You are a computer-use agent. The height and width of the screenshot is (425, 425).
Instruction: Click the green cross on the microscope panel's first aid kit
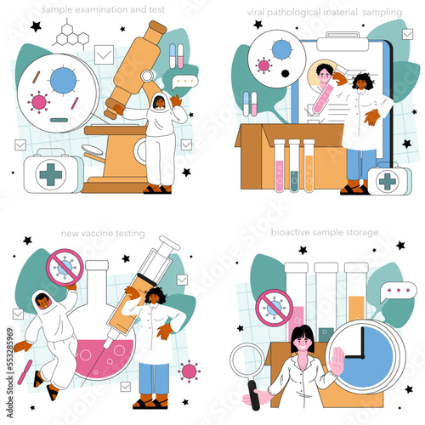[50, 173]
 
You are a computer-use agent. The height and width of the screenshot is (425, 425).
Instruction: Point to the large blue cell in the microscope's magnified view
[63, 80]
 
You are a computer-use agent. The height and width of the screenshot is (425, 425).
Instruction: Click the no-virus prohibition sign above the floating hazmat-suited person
[63, 267]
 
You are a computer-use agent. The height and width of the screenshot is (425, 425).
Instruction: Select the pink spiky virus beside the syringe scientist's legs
[190, 372]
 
